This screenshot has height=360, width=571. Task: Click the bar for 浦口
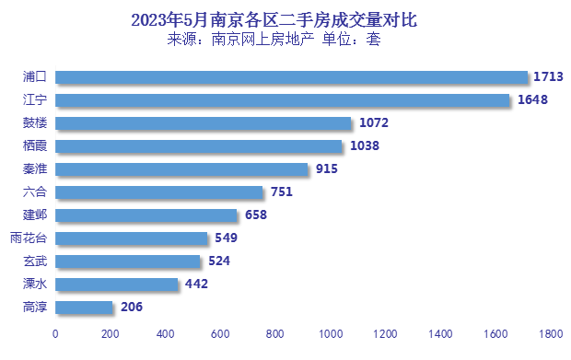point(291,76)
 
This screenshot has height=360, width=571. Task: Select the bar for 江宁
point(282,99)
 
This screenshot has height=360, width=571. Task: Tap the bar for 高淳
point(84,307)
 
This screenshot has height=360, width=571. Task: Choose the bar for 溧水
point(116,284)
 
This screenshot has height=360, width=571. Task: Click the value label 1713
point(549,76)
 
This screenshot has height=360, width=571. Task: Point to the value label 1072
point(372,122)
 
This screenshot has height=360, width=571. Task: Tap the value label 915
point(326,168)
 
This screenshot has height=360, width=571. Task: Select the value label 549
point(226,238)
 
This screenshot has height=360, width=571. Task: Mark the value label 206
point(131,307)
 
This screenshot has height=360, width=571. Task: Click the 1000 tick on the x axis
point(331,333)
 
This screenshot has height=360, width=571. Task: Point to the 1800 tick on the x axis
point(551,333)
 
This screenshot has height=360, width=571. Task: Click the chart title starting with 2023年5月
point(267,18)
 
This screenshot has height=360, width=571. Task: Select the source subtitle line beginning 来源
point(274,40)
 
